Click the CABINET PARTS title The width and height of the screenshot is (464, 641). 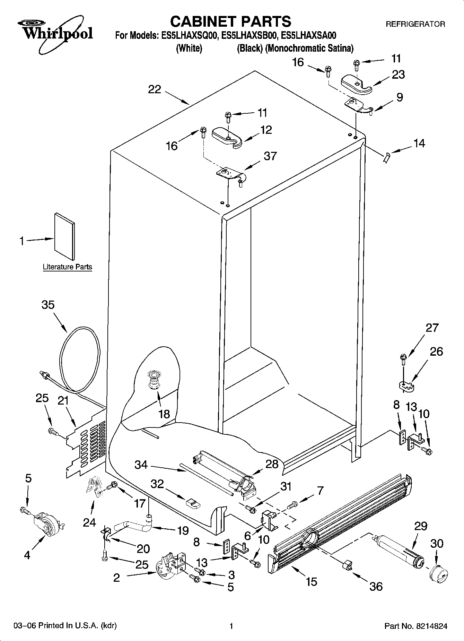click(x=230, y=21)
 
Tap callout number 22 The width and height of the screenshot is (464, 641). click(x=155, y=89)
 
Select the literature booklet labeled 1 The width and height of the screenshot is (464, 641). click(x=64, y=236)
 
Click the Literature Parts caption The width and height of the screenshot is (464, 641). click(x=67, y=267)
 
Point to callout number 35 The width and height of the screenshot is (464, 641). click(x=48, y=305)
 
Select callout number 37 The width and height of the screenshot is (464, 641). click(x=270, y=156)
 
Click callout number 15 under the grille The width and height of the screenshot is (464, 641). click(x=312, y=581)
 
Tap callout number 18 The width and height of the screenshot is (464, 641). click(x=164, y=414)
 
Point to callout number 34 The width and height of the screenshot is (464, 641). click(x=141, y=465)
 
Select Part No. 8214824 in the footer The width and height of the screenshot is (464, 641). click(x=416, y=626)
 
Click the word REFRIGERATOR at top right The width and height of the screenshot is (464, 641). click(x=415, y=24)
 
